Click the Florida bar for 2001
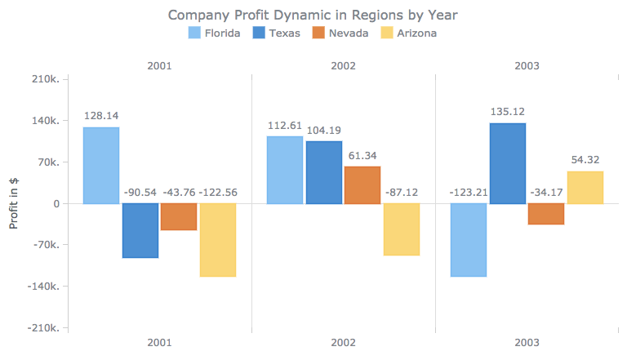pos(101,166)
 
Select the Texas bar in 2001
pos(140,230)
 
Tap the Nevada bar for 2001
pos(179,216)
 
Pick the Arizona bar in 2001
pos(218,240)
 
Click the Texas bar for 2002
pos(324,172)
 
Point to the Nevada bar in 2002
pos(362,185)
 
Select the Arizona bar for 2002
pos(402,229)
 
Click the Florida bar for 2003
pos(469,240)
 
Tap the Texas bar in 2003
pos(508,163)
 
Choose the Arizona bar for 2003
pos(585,187)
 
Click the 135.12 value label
pos(508,112)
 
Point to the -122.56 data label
pos(218,193)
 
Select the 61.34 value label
pos(362,155)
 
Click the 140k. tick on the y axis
pos(45,121)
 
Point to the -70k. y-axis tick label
pos(43,245)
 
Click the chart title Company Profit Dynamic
pos(313,15)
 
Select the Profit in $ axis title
pos(14,203)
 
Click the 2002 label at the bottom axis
pos(344,342)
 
